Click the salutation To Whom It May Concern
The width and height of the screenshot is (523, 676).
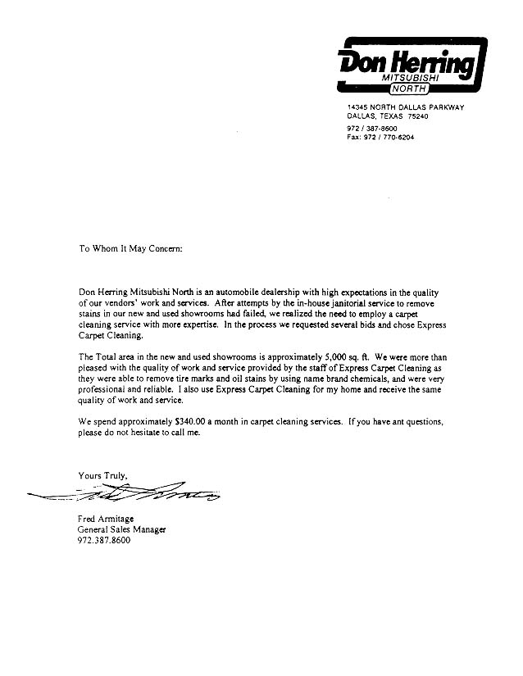point(130,247)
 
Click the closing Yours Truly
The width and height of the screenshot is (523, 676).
point(102,474)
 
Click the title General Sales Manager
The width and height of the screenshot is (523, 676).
point(121,529)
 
